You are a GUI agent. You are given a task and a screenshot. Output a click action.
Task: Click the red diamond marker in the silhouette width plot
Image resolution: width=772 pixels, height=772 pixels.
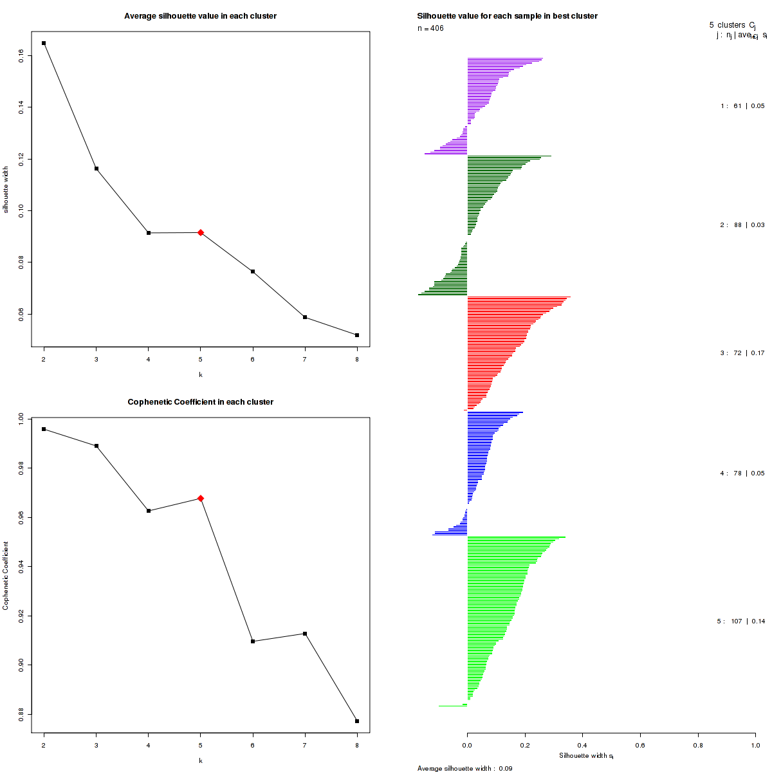coord(201,232)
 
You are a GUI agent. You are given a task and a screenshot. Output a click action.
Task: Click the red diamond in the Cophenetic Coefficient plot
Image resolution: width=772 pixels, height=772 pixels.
coord(201,498)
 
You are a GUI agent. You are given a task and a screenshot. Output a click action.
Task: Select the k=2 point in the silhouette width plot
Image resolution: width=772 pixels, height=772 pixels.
coord(44,43)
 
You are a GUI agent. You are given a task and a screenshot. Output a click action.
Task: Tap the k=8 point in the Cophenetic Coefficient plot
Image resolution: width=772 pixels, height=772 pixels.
coord(357,721)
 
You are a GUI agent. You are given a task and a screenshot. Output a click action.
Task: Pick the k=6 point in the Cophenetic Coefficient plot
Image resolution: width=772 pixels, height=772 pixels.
coord(253,641)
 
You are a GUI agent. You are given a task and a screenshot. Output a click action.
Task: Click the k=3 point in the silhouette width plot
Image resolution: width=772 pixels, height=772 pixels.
coord(96,169)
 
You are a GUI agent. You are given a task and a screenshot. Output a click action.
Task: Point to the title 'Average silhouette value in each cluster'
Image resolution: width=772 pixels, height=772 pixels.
coord(200,16)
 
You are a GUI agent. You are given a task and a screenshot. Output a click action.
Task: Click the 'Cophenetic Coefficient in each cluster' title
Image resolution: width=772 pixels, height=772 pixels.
coord(200,402)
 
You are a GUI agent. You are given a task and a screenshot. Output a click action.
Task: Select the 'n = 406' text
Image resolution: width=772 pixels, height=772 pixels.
coord(430,28)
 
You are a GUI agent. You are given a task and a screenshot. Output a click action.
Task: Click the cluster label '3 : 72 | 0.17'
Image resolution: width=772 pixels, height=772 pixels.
coord(742,353)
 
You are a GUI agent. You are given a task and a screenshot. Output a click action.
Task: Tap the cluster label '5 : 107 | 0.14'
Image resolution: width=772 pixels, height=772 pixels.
coord(740,621)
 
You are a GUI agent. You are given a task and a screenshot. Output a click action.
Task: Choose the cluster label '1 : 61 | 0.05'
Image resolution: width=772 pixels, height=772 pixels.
coord(742,106)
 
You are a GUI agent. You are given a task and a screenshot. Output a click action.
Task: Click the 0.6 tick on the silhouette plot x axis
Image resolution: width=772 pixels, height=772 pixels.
coord(640,745)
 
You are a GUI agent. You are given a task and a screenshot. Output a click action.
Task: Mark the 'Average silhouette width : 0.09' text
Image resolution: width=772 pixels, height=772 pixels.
coord(464,768)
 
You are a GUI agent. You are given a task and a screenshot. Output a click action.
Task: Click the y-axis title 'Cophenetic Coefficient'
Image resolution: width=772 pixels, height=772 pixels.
coord(6,576)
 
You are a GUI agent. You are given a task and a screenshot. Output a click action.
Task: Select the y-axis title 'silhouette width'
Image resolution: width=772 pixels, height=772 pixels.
coord(6,190)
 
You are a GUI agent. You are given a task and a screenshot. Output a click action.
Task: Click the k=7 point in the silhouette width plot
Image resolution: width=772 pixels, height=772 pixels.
coord(305,317)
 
